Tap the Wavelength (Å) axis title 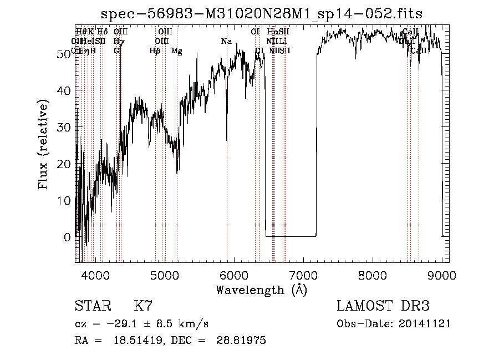tap(261, 290)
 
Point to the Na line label tap(226, 42)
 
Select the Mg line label tap(177, 51)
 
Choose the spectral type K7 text tap(143, 306)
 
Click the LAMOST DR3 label tap(383, 306)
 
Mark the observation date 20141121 tap(427, 324)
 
